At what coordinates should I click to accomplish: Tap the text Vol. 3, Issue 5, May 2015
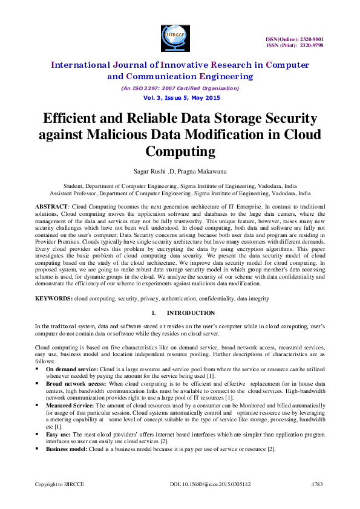click(x=180, y=98)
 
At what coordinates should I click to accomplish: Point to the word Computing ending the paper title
click(x=180, y=150)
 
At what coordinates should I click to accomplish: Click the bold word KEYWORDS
click(x=53, y=299)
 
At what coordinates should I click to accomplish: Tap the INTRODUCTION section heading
click(x=191, y=313)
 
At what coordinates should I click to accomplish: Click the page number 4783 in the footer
click(x=317, y=485)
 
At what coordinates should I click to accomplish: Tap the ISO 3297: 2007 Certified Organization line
click(x=180, y=88)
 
